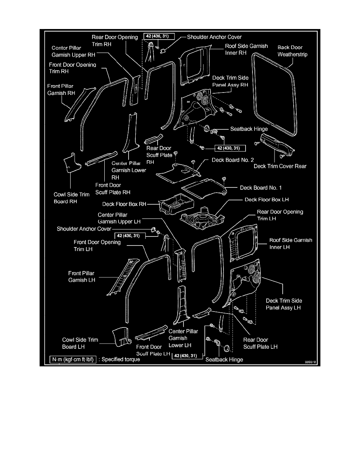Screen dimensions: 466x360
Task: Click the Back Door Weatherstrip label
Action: pos(293,51)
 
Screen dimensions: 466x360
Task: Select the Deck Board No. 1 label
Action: pos(261,188)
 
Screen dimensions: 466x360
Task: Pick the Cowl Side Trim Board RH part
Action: pos(73,162)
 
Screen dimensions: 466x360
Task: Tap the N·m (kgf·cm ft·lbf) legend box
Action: pos(73,359)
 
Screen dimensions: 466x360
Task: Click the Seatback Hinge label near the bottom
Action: pos(224,359)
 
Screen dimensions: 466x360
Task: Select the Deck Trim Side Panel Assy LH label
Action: pos(284,304)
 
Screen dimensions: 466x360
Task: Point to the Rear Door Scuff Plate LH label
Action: pos(261,343)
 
